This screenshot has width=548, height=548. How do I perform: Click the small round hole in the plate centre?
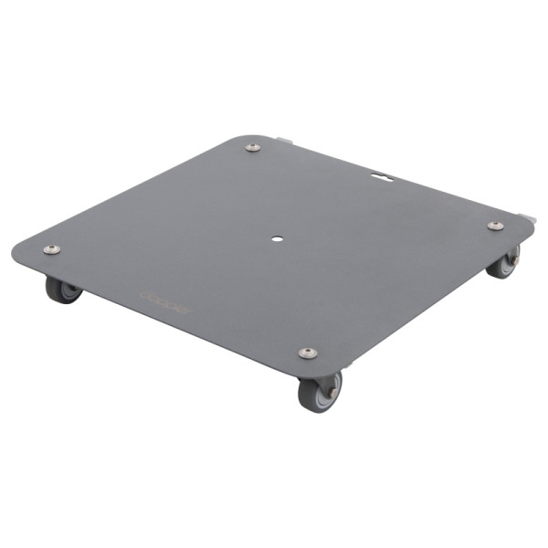[x=277, y=239]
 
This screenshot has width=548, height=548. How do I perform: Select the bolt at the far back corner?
[x=253, y=147]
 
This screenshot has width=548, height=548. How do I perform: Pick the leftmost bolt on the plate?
[x=52, y=248]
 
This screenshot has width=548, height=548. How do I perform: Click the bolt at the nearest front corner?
[x=308, y=353]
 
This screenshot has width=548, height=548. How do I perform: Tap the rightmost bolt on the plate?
[x=494, y=226]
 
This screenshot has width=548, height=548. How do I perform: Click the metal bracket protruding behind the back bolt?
[x=285, y=142]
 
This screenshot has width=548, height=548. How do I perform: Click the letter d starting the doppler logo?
[x=144, y=295]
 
